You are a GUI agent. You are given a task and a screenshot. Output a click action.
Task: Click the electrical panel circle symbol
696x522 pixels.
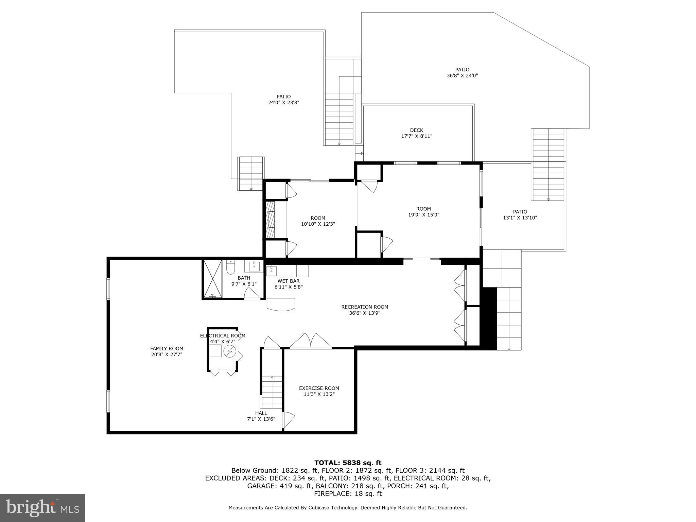229,351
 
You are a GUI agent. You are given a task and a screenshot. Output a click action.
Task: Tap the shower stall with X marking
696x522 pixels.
212,279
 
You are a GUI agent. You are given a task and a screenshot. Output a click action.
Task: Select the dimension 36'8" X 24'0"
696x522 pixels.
462,76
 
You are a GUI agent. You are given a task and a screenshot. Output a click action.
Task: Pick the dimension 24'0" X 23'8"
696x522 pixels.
283,102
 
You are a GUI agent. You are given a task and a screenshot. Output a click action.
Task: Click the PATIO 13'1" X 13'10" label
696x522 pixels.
520,215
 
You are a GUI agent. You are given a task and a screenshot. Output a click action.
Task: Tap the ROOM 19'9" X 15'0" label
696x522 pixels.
423,212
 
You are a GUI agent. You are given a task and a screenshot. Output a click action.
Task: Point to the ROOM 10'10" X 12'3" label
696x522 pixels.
318,221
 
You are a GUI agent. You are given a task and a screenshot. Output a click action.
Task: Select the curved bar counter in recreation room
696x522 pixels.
281,304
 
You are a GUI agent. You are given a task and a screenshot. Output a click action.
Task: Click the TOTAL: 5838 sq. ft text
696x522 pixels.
348,463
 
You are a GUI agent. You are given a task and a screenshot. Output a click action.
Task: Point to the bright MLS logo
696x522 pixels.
42,508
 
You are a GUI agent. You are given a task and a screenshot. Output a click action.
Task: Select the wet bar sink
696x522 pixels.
272,271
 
